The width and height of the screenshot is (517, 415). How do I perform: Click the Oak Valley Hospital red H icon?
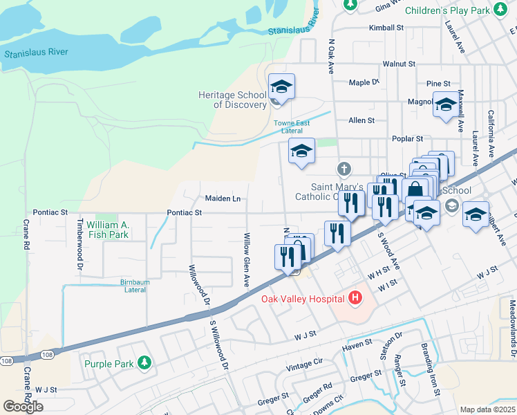point(355,299)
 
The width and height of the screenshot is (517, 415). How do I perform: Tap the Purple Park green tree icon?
point(144,362)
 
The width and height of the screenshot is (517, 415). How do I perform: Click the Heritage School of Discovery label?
point(232,100)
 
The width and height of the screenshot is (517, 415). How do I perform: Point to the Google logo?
point(23,406)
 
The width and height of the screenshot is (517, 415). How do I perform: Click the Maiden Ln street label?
point(223,199)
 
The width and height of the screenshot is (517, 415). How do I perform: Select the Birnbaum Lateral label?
point(124,286)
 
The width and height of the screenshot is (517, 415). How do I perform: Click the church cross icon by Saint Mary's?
point(344,169)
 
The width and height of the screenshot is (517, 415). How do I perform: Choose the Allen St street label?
point(361,120)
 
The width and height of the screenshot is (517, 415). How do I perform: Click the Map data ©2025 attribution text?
point(487,409)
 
